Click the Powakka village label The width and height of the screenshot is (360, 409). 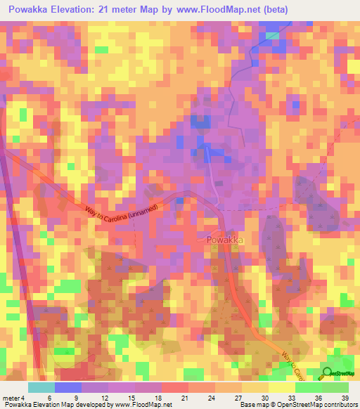(x=226, y=240)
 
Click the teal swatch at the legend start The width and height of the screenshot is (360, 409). (x=41, y=387)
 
